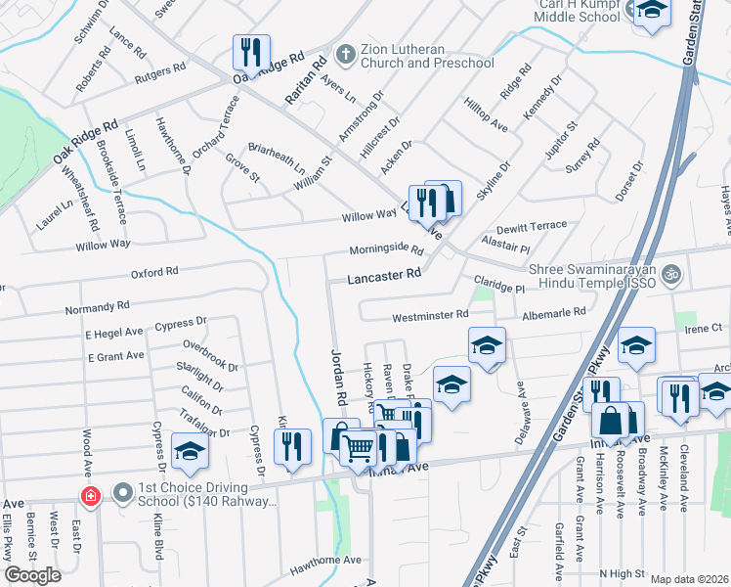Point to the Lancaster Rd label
[385, 277]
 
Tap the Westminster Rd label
[430, 316]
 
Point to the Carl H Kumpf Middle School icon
[650, 12]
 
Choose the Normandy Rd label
[97, 307]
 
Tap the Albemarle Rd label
[552, 312]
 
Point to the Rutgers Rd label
[160, 69]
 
